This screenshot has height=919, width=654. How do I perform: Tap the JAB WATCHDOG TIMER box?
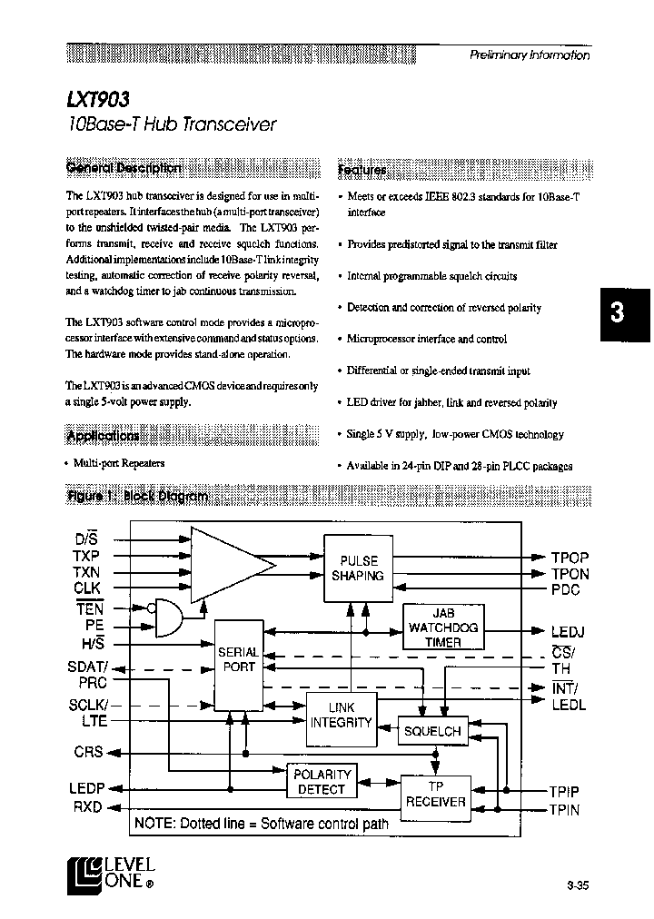[x=442, y=627]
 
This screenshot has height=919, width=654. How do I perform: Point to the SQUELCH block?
[x=432, y=730]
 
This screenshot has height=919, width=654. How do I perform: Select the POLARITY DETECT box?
[x=322, y=782]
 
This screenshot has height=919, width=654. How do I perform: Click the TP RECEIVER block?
[x=435, y=794]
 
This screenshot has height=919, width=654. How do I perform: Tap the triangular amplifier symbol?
[x=227, y=564]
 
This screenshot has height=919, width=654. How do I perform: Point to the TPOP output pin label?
[x=570, y=558]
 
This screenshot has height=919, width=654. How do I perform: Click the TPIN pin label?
[x=564, y=809]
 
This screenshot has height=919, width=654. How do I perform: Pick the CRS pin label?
[x=88, y=752]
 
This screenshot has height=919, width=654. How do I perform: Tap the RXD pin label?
[x=88, y=806]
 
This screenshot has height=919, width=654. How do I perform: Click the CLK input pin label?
[x=86, y=588]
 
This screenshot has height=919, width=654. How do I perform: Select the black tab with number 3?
[x=617, y=313]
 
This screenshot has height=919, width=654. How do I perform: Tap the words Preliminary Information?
[x=529, y=54]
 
